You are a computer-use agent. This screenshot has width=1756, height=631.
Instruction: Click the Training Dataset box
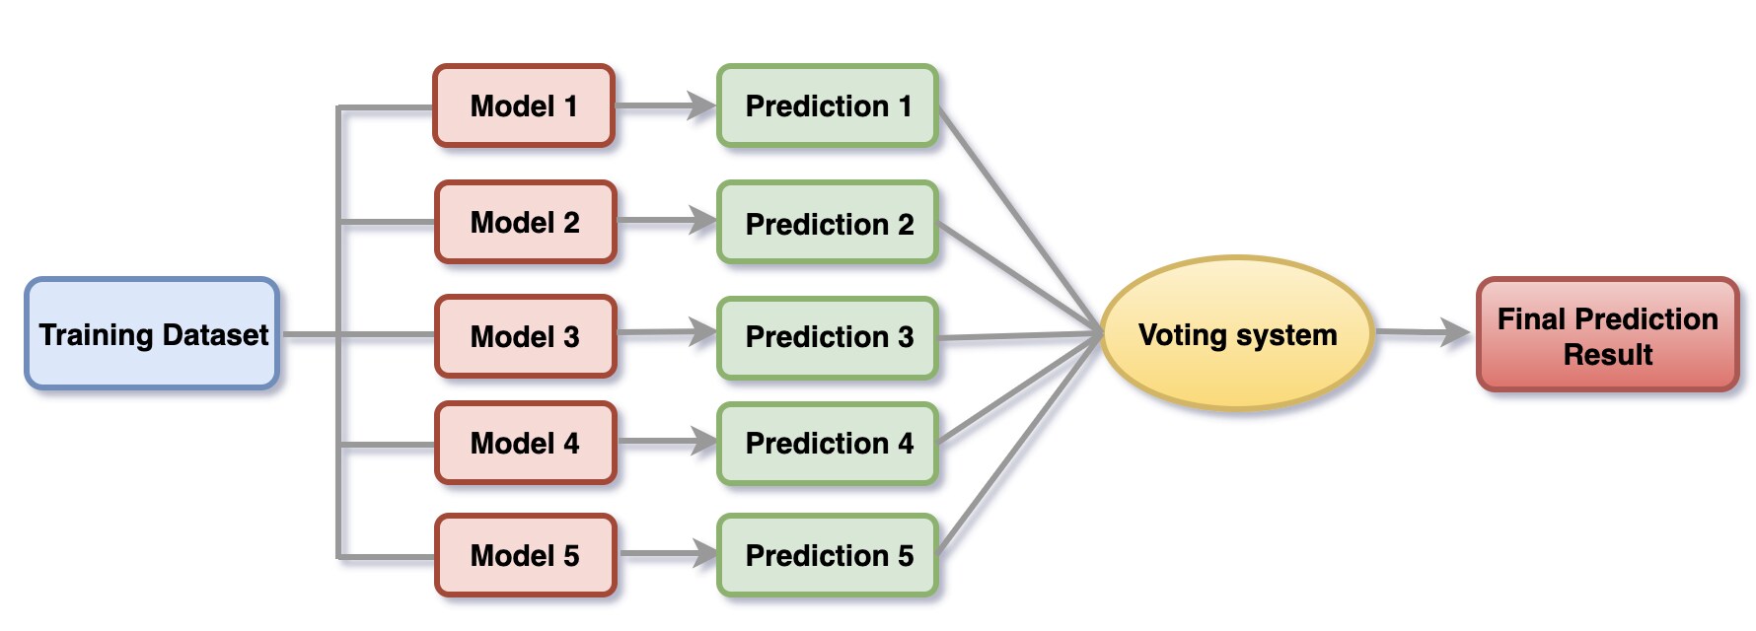(x=152, y=334)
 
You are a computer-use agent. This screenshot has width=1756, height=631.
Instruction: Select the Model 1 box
(x=524, y=106)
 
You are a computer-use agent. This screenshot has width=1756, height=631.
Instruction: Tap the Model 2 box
(x=525, y=223)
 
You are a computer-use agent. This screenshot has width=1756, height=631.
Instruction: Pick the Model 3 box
(x=525, y=337)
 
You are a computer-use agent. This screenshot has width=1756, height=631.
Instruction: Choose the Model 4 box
(x=525, y=444)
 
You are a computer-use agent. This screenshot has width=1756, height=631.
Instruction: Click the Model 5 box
(x=525, y=556)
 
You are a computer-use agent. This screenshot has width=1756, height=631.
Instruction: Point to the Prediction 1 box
(x=828, y=106)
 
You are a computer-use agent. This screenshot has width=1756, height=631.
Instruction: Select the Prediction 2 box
(x=828, y=224)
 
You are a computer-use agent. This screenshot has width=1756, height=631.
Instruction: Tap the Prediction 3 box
(x=828, y=337)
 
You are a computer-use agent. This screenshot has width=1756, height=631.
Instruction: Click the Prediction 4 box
(x=828, y=444)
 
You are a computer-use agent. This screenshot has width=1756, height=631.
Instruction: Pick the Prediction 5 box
(x=828, y=556)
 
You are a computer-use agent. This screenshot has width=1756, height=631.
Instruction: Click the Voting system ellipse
(x=1237, y=334)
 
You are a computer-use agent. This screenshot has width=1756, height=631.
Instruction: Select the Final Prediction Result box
(x=1607, y=335)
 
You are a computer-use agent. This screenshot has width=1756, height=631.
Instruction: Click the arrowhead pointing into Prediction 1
(x=702, y=105)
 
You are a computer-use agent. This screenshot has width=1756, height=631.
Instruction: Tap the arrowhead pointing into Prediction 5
(x=704, y=554)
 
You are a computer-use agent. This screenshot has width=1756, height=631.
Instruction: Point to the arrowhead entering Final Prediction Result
(x=1456, y=333)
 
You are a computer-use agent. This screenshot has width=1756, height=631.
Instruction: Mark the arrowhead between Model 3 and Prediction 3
(x=703, y=332)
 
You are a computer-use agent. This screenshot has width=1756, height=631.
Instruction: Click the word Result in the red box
(x=1607, y=355)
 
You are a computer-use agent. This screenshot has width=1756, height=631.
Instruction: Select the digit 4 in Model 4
(x=571, y=444)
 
